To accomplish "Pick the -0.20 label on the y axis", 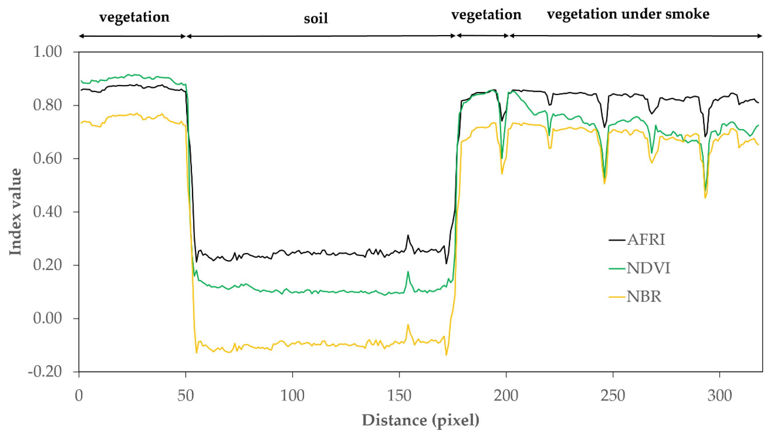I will point(45,372).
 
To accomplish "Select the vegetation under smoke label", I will point(628,14).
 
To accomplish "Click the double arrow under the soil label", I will point(321,36).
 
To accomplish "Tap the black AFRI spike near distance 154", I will point(408,235).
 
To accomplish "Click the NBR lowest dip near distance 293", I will point(705,197).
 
